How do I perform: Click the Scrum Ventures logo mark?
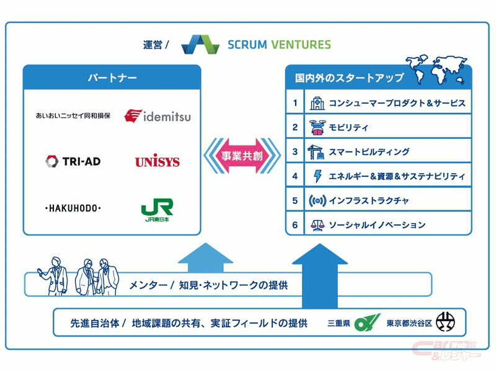[x=200, y=45]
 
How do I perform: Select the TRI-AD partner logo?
[x=73, y=161]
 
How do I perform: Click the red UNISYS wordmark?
[x=157, y=162]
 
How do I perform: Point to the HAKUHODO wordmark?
[x=73, y=208]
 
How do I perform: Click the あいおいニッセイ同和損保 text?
[x=73, y=116]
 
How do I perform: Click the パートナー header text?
[x=112, y=78]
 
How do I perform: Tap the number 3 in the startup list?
[x=295, y=152]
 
